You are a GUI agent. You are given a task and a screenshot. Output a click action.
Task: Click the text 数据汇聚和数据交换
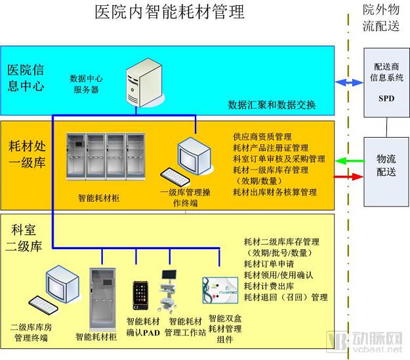[x=272, y=104]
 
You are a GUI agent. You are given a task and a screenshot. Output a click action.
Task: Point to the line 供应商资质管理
[x=262, y=137]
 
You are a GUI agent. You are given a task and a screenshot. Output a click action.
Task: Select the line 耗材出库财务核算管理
[x=275, y=192]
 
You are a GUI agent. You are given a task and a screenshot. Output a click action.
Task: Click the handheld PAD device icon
[x=140, y=296]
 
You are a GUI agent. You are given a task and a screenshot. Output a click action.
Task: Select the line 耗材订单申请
[x=270, y=264]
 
